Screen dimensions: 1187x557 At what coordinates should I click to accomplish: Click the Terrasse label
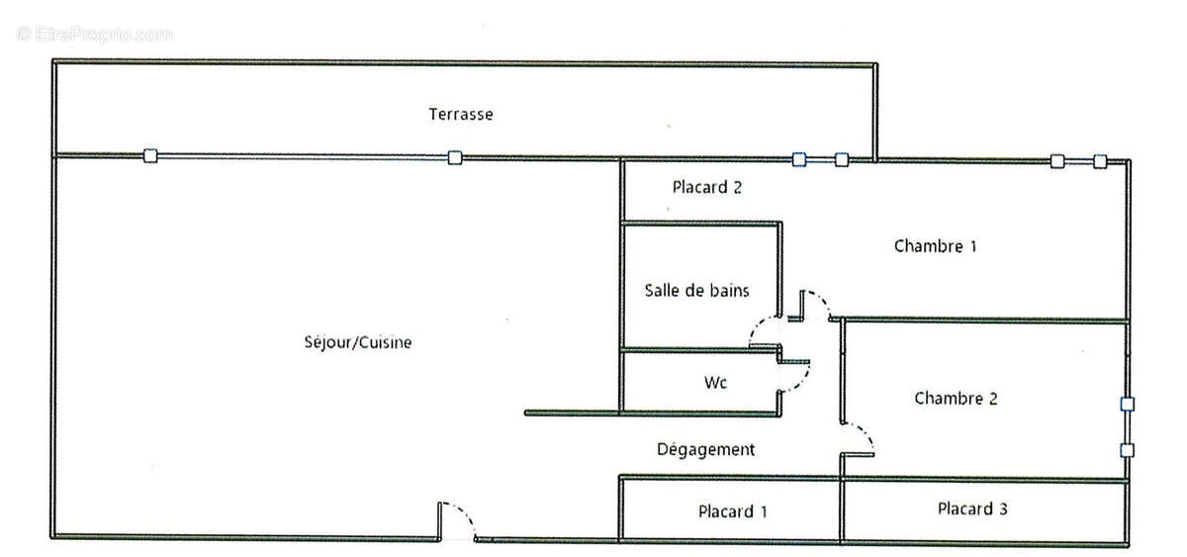[461, 114]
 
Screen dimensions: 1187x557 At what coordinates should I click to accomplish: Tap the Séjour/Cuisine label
[358, 342]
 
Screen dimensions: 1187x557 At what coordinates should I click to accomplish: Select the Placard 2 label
[707, 187]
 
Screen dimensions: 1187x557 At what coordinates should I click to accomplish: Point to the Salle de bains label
[696, 291]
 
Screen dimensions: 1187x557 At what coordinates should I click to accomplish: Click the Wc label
[715, 382]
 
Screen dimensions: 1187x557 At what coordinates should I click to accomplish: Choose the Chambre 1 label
[936, 246]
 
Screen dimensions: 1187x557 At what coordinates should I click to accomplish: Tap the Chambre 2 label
[956, 398]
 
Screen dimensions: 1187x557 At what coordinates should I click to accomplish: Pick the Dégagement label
[706, 449]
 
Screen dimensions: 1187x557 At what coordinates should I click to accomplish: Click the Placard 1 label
[733, 511]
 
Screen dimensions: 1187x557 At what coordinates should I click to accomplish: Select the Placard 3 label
[972, 509]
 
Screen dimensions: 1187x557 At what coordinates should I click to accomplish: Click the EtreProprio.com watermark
[94, 35]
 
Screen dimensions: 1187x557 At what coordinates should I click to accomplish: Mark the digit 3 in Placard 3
[1003, 509]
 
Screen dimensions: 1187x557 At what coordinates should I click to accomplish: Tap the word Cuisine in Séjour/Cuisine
[385, 342]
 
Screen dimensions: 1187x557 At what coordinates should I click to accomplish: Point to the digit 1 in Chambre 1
[973, 246]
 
